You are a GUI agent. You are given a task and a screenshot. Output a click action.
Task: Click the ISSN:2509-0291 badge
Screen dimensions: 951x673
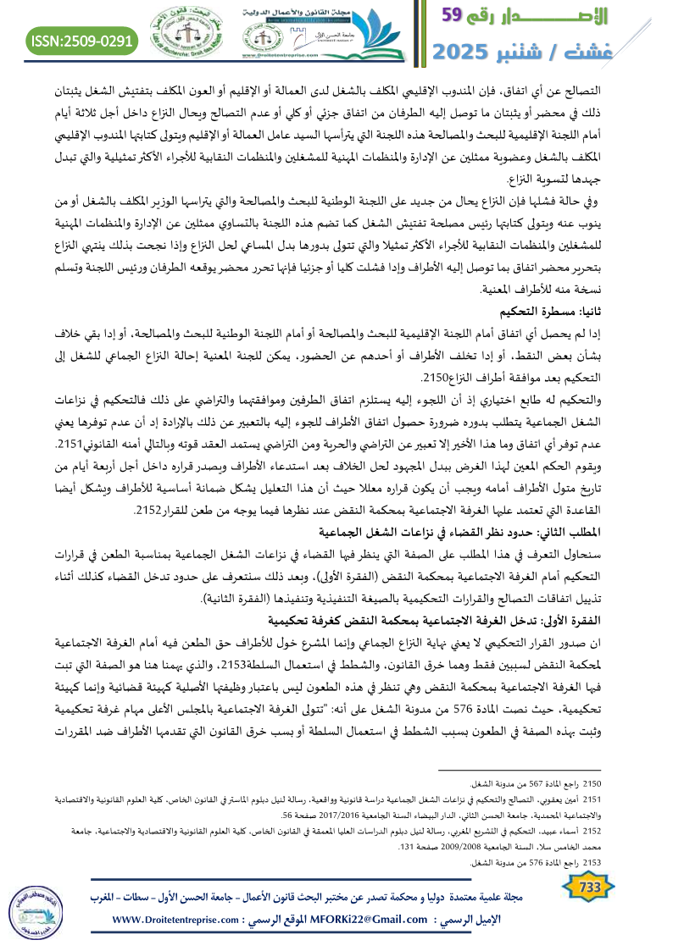click(x=83, y=40)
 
